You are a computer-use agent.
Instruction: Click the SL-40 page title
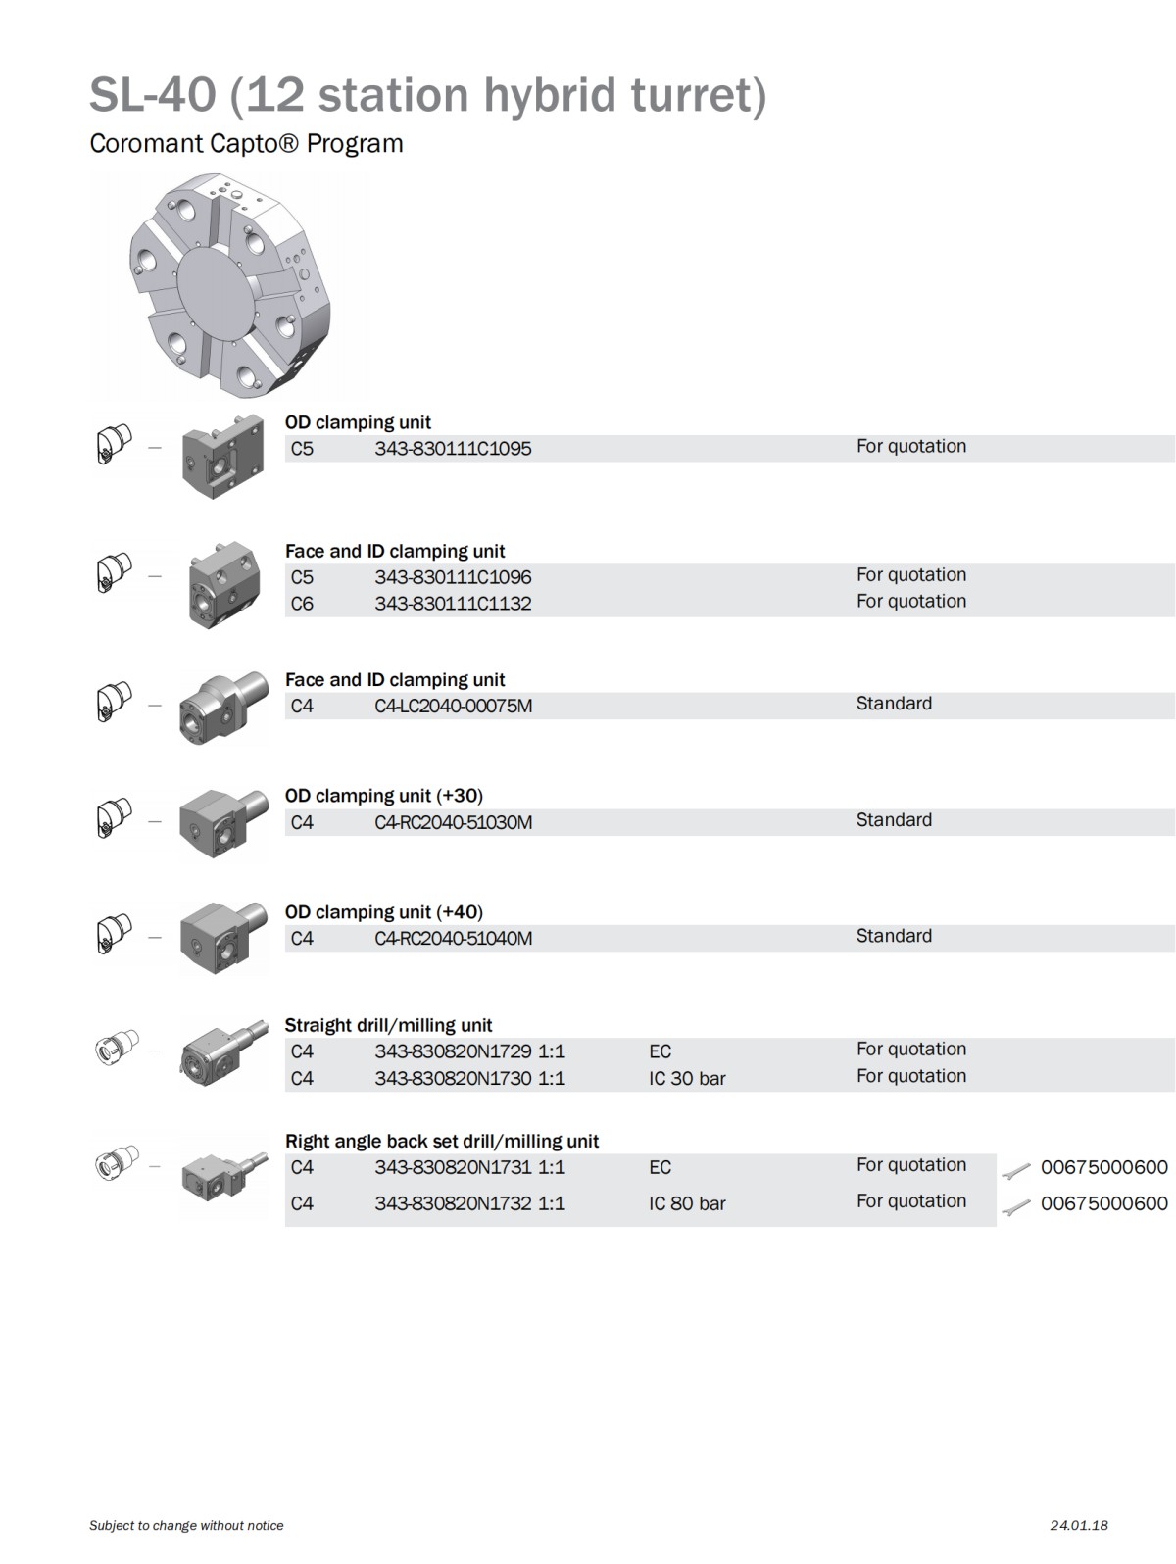click(x=427, y=95)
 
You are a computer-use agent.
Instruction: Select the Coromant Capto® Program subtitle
click(x=246, y=144)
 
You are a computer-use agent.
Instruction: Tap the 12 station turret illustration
click(x=231, y=286)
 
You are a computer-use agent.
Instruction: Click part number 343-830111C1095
click(x=453, y=449)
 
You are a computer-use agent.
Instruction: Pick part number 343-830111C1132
click(x=453, y=604)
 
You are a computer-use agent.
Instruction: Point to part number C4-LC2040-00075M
click(x=453, y=706)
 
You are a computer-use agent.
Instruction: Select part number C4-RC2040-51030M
click(x=453, y=822)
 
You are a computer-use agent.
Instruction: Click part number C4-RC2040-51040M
click(x=453, y=938)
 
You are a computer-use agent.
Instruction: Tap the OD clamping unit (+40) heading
click(x=383, y=912)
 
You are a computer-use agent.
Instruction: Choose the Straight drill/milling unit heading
click(x=388, y=1025)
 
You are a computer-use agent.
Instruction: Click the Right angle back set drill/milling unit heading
click(x=441, y=1141)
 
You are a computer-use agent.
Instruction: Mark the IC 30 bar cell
click(x=686, y=1078)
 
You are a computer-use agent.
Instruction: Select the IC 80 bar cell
click(x=686, y=1203)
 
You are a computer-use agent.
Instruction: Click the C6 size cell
click(x=302, y=604)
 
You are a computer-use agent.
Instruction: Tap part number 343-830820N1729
click(x=453, y=1051)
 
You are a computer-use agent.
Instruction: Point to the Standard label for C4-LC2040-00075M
click(x=894, y=704)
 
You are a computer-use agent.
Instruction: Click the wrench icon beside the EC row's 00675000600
click(x=1017, y=1169)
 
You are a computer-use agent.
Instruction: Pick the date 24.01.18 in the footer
click(x=1078, y=1525)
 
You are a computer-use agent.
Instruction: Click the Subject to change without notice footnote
click(x=186, y=1525)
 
